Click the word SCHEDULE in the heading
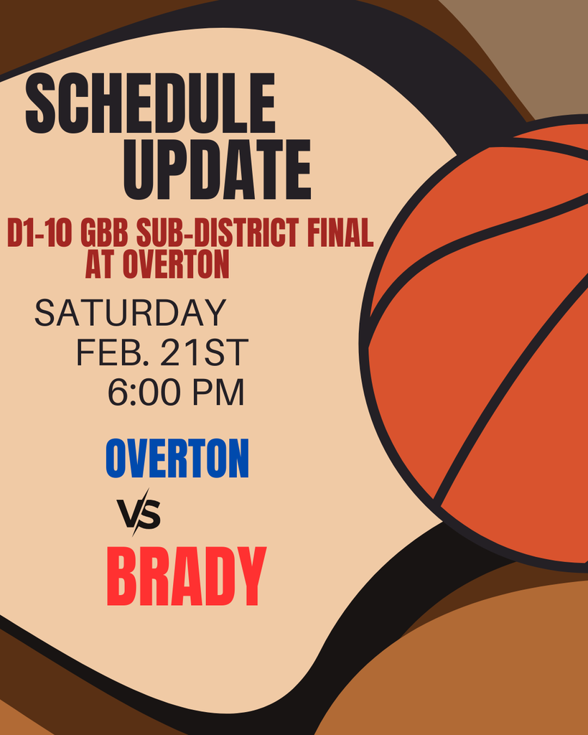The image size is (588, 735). click(151, 103)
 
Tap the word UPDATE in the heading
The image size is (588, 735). click(218, 170)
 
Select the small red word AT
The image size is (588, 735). click(100, 264)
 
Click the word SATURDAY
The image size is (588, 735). click(131, 313)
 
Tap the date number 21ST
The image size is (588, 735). click(205, 352)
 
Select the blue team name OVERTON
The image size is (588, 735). click(177, 459)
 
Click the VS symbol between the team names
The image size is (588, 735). click(139, 513)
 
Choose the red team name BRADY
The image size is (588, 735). click(186, 577)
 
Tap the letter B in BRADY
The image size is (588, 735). click(123, 577)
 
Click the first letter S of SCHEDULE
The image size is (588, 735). click(42, 103)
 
